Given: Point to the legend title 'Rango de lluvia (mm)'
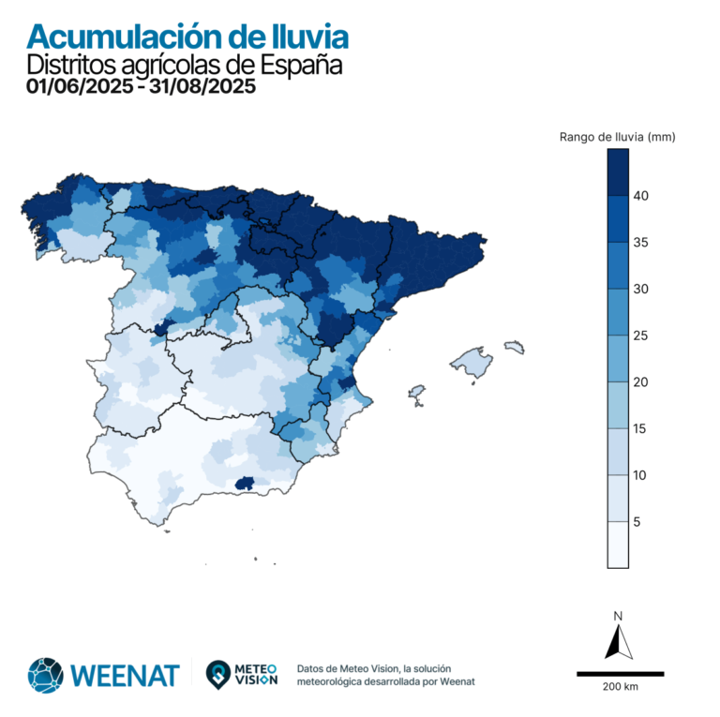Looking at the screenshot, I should click(x=617, y=137).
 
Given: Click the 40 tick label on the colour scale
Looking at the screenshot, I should click(x=640, y=196).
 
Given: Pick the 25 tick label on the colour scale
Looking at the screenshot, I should click(x=640, y=336).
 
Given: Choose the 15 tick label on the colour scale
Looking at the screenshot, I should click(x=640, y=429).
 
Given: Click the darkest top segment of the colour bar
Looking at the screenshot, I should click(x=618, y=172).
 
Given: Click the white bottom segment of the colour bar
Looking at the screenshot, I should click(x=618, y=545).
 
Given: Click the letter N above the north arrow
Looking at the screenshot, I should click(x=618, y=616).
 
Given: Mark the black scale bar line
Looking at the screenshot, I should click(x=620, y=673).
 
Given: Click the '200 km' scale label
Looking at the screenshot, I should click(x=620, y=687).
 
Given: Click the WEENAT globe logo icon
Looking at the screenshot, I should click(x=45, y=674).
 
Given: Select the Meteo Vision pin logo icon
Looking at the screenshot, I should click(x=218, y=674).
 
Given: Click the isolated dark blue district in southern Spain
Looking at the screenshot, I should click(x=247, y=483).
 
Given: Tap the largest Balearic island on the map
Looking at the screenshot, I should click(x=472, y=363).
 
